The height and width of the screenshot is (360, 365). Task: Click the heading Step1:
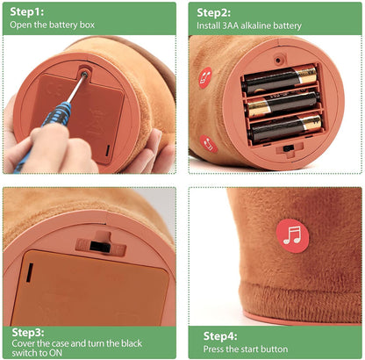(27, 12)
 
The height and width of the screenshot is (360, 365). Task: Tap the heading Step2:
(214, 13)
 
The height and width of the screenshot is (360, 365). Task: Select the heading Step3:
(28, 333)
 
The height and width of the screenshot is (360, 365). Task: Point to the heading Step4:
(220, 336)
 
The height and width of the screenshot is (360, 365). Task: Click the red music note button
(292, 236)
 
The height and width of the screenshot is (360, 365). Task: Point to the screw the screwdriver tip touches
(84, 74)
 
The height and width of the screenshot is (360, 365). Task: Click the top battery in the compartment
(280, 77)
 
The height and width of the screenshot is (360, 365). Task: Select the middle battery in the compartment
(283, 104)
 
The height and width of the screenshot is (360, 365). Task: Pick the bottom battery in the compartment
(285, 129)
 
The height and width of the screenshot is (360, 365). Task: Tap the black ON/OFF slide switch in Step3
(100, 247)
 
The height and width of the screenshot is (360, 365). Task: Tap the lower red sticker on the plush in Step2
(209, 144)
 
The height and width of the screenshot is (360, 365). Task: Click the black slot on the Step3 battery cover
(30, 273)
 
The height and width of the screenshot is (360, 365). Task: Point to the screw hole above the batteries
(278, 61)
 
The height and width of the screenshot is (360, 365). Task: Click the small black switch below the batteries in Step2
(289, 148)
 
